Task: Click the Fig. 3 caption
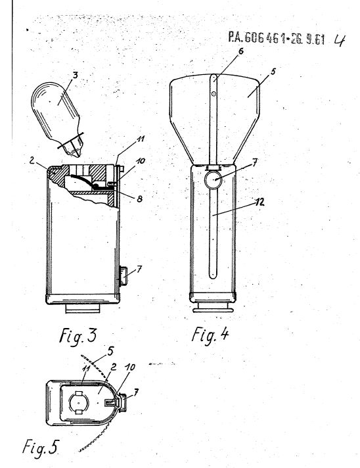[78, 335]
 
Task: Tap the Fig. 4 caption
[210, 335]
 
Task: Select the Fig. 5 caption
[40, 448]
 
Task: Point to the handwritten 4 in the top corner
[339, 40]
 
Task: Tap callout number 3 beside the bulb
[75, 75]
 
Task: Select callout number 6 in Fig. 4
[240, 51]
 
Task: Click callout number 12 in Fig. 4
[260, 202]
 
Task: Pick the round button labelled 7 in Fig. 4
[213, 180]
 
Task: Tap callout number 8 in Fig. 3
[139, 199]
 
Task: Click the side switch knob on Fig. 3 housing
[124, 277]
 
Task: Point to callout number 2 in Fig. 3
[32, 160]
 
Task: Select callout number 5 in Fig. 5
[110, 351]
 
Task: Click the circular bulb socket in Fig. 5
[79, 403]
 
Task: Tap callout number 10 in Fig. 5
[130, 367]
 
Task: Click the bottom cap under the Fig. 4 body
[213, 307]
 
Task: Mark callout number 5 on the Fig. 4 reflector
[273, 72]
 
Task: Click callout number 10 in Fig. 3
[140, 161]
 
